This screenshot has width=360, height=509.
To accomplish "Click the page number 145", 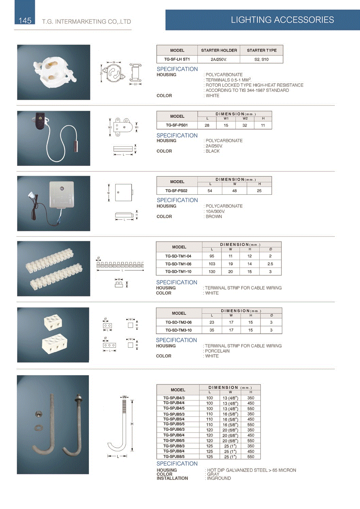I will pos(25,21).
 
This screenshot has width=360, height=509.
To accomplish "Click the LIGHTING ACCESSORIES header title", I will pos(282,20).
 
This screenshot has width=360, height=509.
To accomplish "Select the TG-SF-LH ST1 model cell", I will pos(177,59).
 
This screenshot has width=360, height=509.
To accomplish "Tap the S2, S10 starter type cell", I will pos(261,59).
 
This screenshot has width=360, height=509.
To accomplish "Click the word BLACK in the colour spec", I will pos(213,151).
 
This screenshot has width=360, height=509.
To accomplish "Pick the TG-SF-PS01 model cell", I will pos(177,125).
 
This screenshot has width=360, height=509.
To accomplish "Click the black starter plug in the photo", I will pos(40,121).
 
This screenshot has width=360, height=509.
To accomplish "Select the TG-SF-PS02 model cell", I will pos(176,191).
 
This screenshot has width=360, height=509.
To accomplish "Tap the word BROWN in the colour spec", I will pos(214,216).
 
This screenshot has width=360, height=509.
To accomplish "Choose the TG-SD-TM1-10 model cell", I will pos(178,271).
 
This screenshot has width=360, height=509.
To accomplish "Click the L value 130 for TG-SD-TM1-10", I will pos(212,271).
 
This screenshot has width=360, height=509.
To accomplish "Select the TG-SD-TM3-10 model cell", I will pos(178,330).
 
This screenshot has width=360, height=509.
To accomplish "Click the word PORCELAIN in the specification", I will pos(217,351).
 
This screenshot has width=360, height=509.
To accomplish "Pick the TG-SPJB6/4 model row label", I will pos(174,435).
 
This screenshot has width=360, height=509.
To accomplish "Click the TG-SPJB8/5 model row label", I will pos(174,456).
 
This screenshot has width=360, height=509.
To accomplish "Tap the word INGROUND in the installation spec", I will pos(219,478).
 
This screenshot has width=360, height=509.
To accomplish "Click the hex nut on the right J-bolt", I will pos(78,398).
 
